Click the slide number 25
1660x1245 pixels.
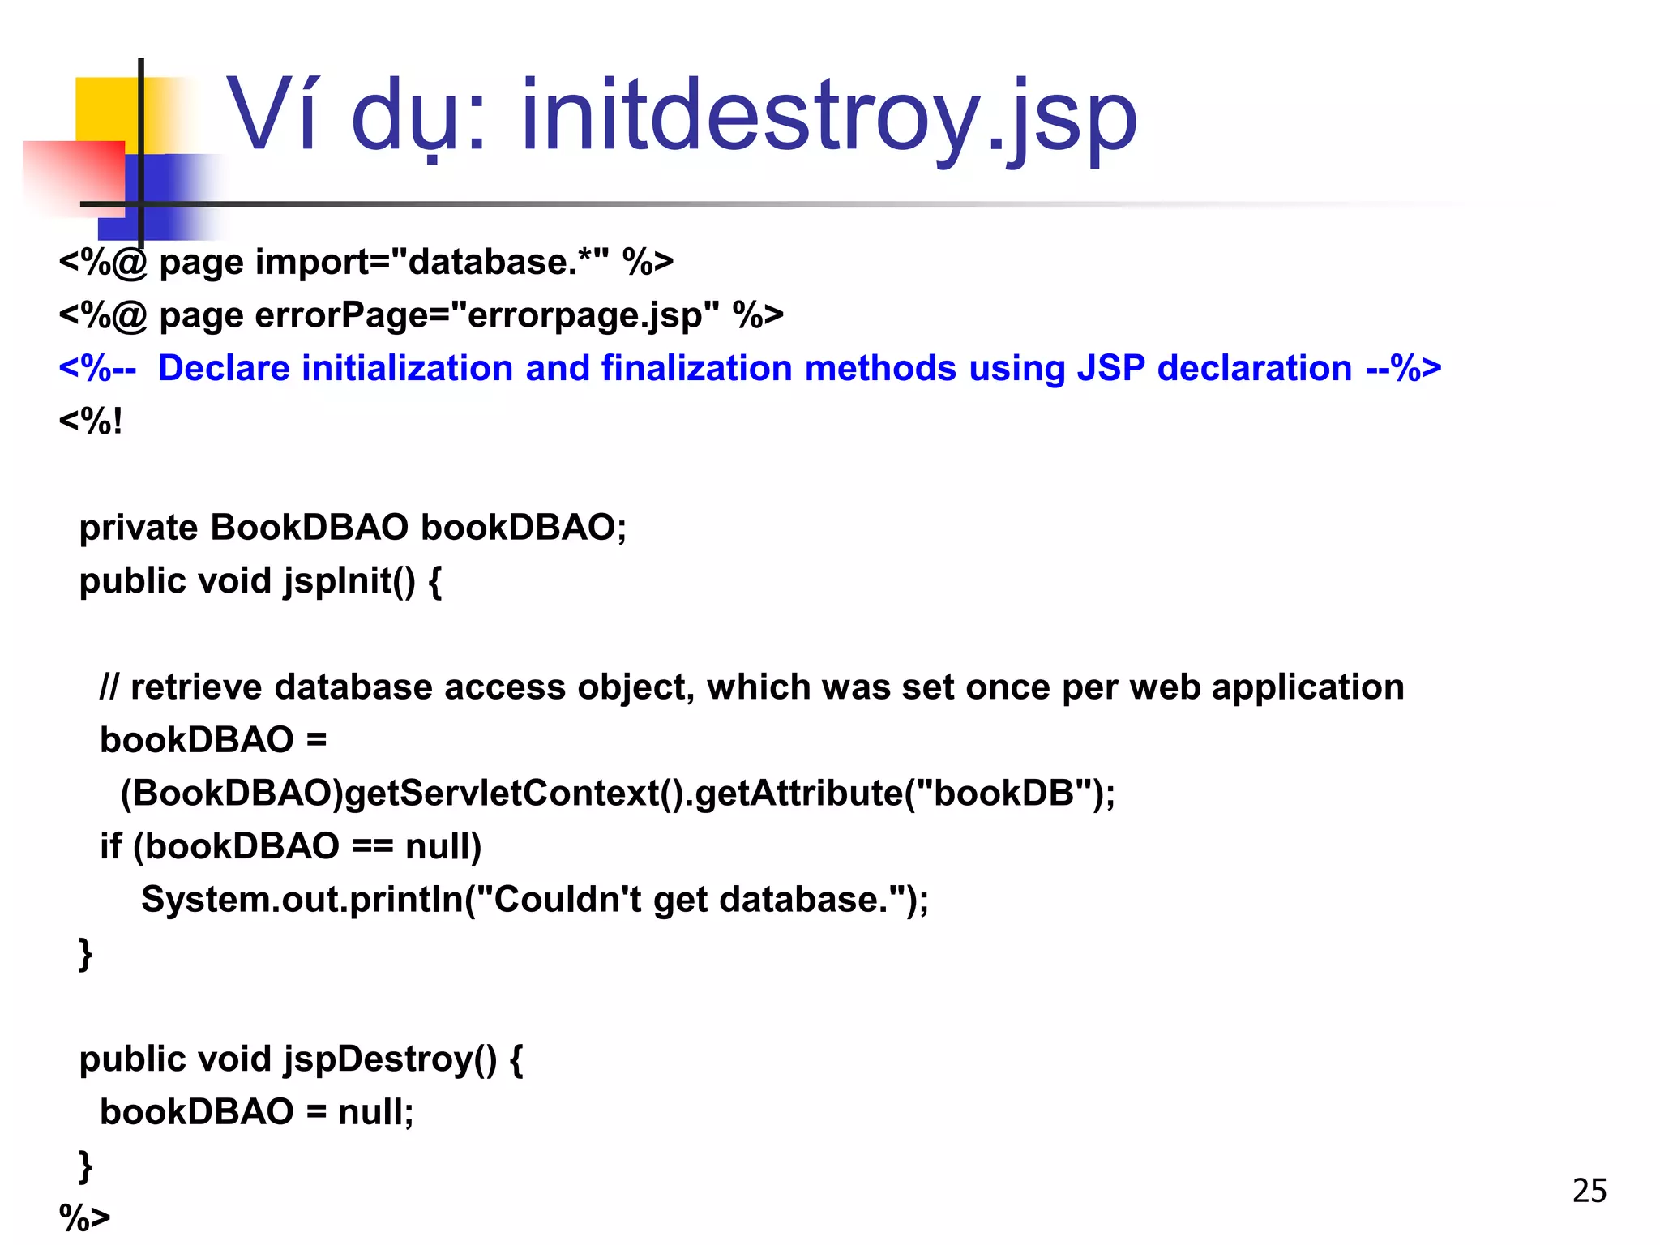click(x=1589, y=1191)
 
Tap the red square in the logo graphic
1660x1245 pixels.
click(x=73, y=177)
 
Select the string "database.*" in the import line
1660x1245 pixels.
click(x=499, y=262)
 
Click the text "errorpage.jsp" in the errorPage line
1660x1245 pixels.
click(x=584, y=315)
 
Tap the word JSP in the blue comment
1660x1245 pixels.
click(x=1110, y=369)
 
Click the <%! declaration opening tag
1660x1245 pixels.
click(x=91, y=421)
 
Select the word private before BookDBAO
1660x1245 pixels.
click(x=139, y=528)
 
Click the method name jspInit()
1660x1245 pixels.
click(x=349, y=581)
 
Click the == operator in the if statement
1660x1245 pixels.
click(x=372, y=847)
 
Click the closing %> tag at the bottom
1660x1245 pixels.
click(x=84, y=1217)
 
